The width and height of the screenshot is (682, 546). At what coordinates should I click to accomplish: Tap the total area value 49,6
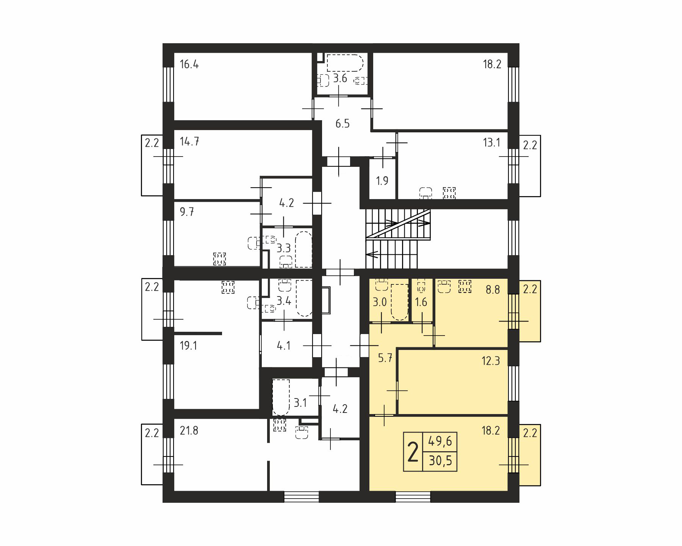coord(440,441)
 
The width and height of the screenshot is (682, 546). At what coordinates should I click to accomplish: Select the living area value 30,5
coord(440,461)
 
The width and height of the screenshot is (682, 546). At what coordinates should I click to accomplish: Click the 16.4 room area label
coord(189,64)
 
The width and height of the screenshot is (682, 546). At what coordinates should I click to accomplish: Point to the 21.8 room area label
coord(189,431)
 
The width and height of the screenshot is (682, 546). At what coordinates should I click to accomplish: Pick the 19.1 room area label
coord(188,346)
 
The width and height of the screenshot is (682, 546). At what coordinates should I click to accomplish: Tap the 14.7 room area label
coord(189,141)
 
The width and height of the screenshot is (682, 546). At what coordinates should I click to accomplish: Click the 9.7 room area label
coord(187,212)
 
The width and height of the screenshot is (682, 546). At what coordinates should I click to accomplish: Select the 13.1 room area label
coord(491,143)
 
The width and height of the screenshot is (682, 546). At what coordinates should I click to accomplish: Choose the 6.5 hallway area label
coord(343,124)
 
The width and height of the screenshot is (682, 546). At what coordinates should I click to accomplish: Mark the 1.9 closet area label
coord(382,180)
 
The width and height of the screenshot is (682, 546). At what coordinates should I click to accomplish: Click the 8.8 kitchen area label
coord(493,290)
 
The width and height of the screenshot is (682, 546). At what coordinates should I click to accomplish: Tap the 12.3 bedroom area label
coord(491,361)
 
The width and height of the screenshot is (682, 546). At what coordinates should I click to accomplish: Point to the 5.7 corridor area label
coord(385,358)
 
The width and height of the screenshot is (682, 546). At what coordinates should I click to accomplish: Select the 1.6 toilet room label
coord(421,302)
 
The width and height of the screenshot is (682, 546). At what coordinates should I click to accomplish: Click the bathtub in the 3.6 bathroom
coord(345,63)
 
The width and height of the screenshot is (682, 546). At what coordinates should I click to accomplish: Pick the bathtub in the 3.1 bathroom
coord(281,397)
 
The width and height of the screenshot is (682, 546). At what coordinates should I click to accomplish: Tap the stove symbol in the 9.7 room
coord(219,259)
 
